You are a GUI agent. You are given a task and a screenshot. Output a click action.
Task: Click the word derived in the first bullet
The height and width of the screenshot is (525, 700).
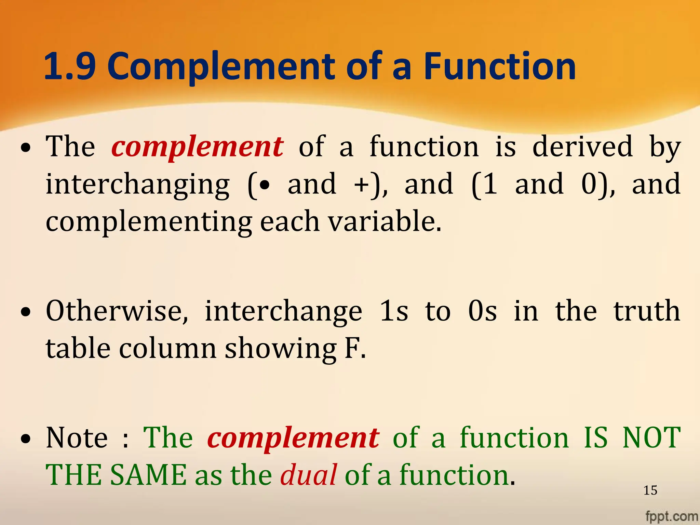582,146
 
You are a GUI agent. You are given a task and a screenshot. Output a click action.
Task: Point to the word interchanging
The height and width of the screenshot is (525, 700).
137,185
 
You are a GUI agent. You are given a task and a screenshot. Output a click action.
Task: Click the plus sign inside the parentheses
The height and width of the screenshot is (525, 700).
362,185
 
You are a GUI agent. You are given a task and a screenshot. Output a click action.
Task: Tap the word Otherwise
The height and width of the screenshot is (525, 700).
117,311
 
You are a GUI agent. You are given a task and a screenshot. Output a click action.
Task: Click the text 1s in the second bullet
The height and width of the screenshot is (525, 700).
394,311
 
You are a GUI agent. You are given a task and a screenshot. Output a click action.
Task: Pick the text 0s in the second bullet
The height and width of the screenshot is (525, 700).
482,311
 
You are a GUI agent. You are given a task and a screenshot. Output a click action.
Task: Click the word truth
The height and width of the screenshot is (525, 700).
647,311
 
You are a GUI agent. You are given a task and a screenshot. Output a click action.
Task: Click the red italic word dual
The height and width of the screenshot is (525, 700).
308,475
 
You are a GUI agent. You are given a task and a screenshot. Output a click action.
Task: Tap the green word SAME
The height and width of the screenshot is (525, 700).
148,475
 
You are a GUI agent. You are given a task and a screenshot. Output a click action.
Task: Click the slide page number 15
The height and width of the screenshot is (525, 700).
650,490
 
